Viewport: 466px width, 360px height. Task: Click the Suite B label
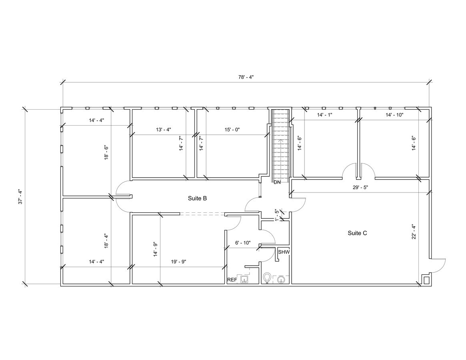click(x=197, y=198)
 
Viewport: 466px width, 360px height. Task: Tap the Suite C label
click(x=357, y=233)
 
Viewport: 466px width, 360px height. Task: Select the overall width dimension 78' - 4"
click(x=245, y=77)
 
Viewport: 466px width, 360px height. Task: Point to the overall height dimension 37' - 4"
click(x=20, y=196)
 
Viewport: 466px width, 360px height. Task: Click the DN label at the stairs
click(x=277, y=182)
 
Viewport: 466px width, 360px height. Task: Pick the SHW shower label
click(x=284, y=252)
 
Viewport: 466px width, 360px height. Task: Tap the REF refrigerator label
click(x=232, y=280)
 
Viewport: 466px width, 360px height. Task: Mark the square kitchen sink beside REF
click(x=245, y=279)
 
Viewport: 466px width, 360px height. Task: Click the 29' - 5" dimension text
click(x=360, y=187)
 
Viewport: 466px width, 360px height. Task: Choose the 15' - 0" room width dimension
click(x=232, y=129)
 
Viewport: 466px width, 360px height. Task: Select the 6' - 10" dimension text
click(x=242, y=242)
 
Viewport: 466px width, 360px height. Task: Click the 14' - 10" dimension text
click(x=394, y=115)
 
